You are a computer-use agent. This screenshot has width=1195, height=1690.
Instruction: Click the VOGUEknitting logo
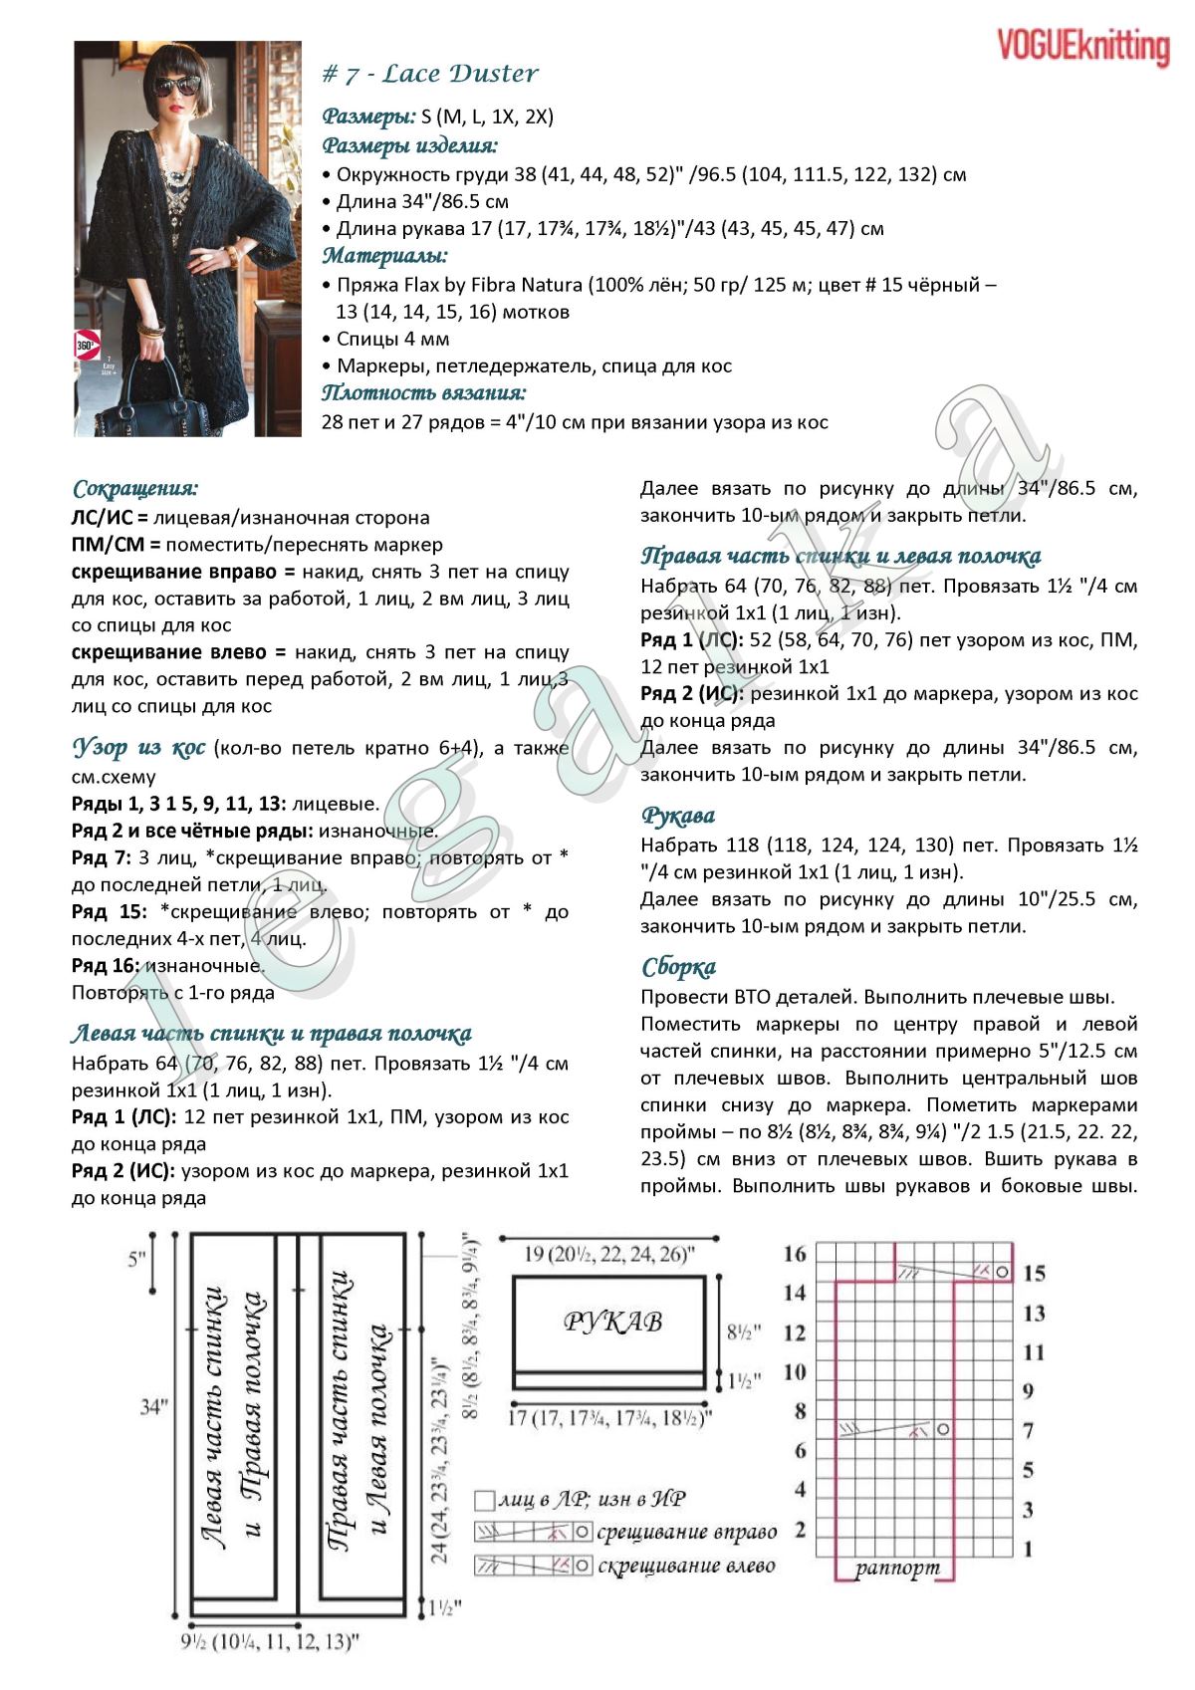pyautogui.click(x=1082, y=47)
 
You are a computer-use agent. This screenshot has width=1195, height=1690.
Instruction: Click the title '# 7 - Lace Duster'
pyautogui.click(x=430, y=74)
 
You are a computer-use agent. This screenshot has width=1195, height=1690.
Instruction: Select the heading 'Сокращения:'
pyautogui.click(x=135, y=489)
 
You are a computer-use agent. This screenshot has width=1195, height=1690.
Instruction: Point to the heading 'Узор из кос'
pyautogui.click(x=138, y=747)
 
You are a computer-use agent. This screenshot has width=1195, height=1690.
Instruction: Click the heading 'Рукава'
pyautogui.click(x=678, y=816)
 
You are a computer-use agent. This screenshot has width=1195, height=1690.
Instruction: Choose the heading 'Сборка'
pyautogui.click(x=678, y=967)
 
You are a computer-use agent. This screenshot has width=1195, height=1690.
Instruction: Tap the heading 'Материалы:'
pyautogui.click(x=384, y=256)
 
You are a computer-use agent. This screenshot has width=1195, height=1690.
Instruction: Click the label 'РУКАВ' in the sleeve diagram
pyautogui.click(x=612, y=1322)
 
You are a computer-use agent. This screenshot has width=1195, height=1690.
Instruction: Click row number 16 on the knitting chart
pyautogui.click(x=794, y=1254)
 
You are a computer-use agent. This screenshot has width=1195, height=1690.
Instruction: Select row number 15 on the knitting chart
pyautogui.click(x=1034, y=1274)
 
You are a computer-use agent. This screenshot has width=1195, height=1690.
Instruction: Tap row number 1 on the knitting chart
pyautogui.click(x=1029, y=1550)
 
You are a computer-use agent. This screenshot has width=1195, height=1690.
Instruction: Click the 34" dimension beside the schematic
pyautogui.click(x=153, y=1407)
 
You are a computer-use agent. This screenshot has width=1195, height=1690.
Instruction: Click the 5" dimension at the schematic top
pyautogui.click(x=137, y=1259)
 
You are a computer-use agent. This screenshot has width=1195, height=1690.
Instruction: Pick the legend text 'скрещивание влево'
pyautogui.click(x=686, y=1566)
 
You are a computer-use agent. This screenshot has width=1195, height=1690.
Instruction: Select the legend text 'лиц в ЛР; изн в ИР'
pyautogui.click(x=592, y=1500)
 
